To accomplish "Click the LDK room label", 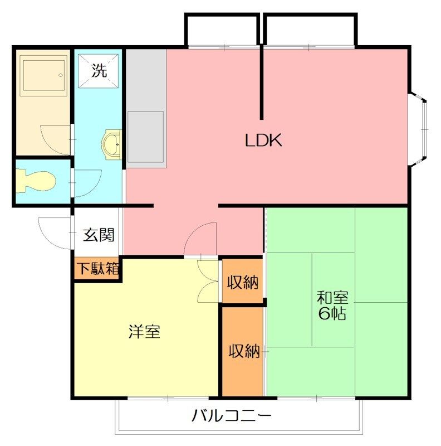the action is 263,140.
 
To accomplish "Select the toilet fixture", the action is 35,181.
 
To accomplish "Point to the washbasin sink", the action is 112,145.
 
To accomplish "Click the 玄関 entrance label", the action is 99,235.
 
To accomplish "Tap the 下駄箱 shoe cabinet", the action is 98,269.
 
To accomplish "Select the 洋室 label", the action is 145,331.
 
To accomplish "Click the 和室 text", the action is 332,297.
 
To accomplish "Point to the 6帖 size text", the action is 332,313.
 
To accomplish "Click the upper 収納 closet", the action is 242,281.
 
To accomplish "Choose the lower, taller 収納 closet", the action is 242,352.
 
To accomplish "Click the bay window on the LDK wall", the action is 418,129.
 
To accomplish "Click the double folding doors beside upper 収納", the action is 208,281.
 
